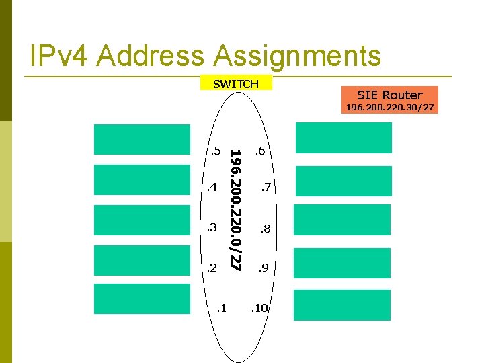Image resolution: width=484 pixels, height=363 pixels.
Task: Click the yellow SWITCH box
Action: point(236,84)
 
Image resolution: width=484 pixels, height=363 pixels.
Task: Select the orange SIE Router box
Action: point(389,95)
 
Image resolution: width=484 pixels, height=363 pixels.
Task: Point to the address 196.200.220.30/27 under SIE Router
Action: point(389,107)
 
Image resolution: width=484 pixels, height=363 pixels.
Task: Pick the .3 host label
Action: point(212,228)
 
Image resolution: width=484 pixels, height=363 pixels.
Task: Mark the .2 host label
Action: point(212,268)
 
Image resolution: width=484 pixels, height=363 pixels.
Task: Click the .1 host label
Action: point(221,309)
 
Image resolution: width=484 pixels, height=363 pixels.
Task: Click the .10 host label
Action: point(259,309)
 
